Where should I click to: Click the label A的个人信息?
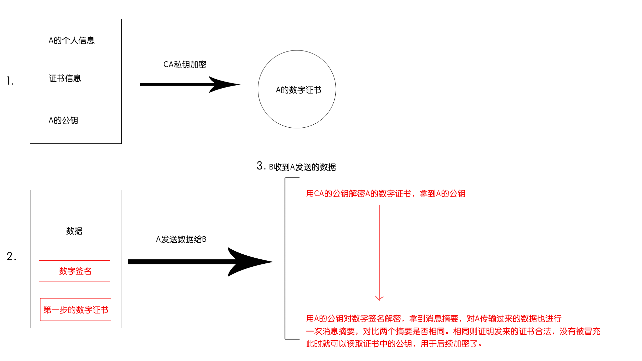(x=72, y=40)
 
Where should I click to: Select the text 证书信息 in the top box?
(x=65, y=78)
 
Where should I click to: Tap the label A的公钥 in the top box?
(x=63, y=120)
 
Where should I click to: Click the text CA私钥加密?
(x=185, y=65)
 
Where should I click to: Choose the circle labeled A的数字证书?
(x=297, y=89)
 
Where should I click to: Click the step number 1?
(x=10, y=81)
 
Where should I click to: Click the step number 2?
(x=11, y=256)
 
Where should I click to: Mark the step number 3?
(x=261, y=166)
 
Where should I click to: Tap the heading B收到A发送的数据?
(x=302, y=167)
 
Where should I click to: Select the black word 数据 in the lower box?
(x=74, y=231)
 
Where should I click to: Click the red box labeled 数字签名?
(x=75, y=271)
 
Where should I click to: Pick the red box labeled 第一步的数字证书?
(x=76, y=310)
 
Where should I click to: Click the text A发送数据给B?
(x=181, y=239)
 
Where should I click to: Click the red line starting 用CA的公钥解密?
(x=386, y=194)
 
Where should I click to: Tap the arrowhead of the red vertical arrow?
(x=379, y=298)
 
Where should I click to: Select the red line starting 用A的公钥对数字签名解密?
(x=434, y=319)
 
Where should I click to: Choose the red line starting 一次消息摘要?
(x=453, y=331)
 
